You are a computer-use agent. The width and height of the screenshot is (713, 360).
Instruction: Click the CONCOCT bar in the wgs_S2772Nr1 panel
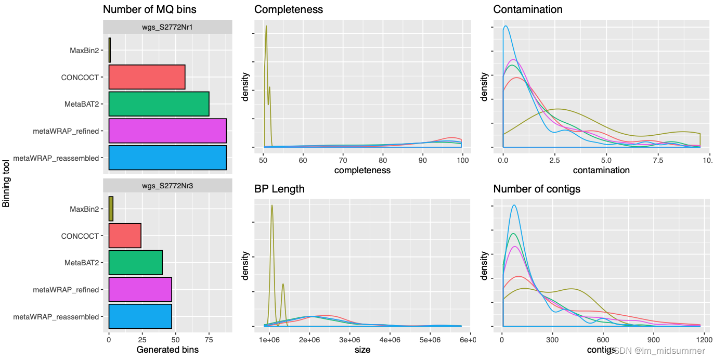[x=147, y=77]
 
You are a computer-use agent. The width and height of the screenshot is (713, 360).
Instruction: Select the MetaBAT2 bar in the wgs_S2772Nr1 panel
[x=159, y=104]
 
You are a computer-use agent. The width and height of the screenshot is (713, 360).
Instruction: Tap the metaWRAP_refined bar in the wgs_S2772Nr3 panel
[x=140, y=289]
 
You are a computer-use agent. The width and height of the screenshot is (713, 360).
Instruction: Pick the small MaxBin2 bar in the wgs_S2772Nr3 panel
[x=111, y=209]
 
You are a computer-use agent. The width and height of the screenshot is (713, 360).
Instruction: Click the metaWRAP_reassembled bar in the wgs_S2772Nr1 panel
[x=167, y=158]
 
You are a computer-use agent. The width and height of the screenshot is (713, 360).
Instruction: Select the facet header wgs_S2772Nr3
[x=167, y=185]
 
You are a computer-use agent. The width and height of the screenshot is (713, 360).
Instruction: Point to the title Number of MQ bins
[x=150, y=9]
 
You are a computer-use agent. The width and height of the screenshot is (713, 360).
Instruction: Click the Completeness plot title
[x=289, y=9]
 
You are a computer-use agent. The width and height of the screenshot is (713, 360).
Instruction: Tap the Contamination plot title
[x=528, y=9]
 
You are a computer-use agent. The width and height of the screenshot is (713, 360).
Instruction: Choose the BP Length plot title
[x=279, y=189]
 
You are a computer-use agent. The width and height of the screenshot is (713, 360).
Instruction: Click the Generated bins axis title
[x=167, y=350]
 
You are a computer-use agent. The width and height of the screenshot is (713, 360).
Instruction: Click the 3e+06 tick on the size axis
[x=349, y=340]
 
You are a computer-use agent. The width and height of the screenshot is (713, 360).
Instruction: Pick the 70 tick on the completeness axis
[x=343, y=160]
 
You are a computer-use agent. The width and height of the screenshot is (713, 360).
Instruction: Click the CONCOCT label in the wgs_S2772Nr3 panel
[x=80, y=236]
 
